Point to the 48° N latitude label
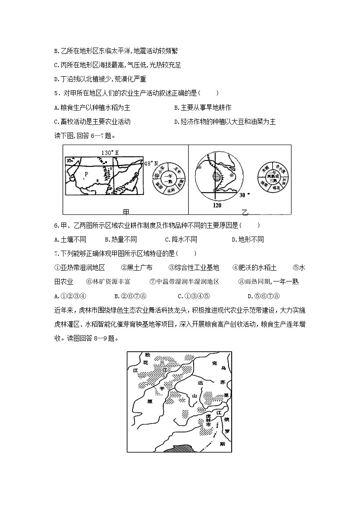tap(151, 163)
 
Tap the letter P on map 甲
tap(86, 174)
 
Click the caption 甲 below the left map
tap(126, 212)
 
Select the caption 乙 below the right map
tap(245, 212)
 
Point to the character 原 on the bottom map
tap(151, 401)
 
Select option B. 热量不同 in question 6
tap(121, 239)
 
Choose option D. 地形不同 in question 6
tap(248, 239)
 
